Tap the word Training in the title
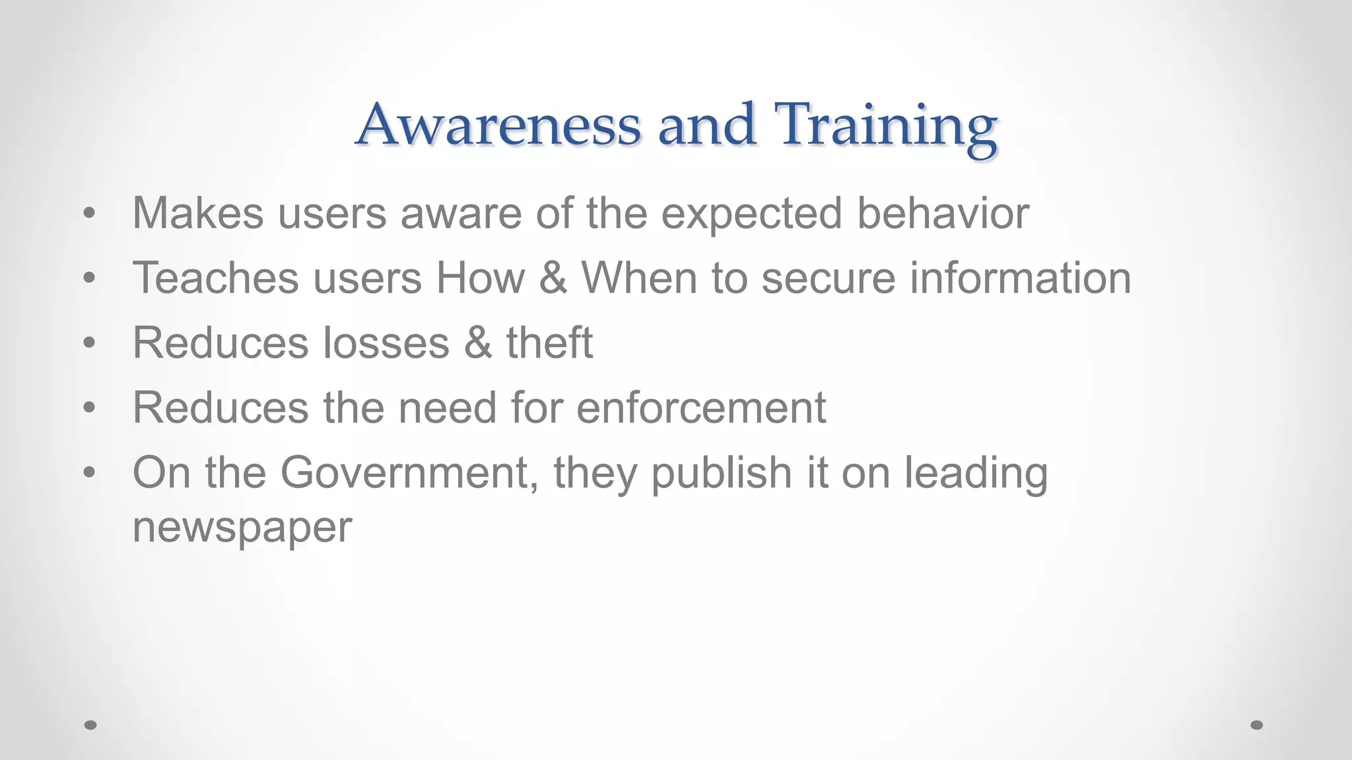pos(886,125)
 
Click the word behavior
pos(943,213)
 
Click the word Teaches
pos(216,278)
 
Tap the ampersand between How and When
pos(553,278)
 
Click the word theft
pos(549,342)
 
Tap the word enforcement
pos(701,407)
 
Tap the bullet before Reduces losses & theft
pos(90,343)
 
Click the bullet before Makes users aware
pos(90,214)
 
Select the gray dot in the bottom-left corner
pos(90,725)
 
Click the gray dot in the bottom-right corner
pos(1257,725)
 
